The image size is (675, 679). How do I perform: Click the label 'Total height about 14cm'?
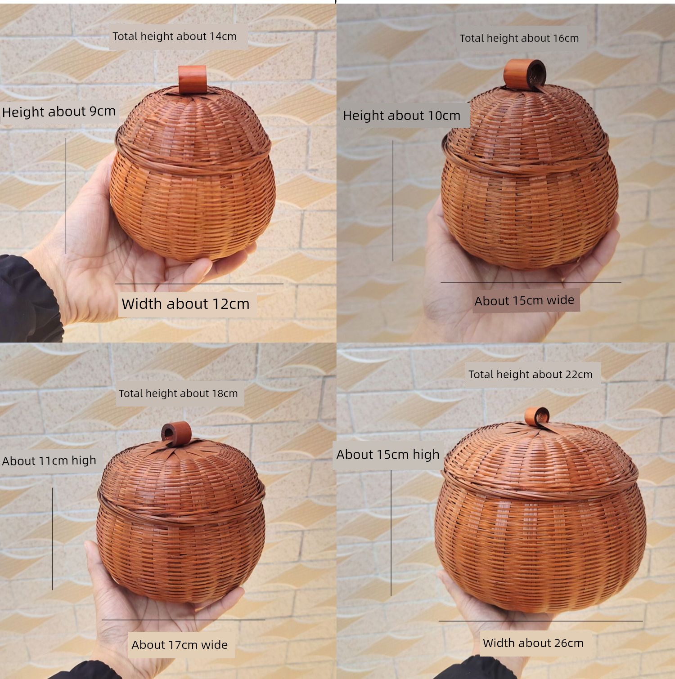coord(175,36)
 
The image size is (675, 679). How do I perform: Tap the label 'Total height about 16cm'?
coord(519,38)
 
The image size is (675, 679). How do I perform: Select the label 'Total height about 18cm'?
coord(178,393)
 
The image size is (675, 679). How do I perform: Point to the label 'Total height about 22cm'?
coord(531,375)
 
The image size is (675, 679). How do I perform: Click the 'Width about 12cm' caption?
coord(185,304)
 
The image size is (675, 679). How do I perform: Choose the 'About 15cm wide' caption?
coord(524,300)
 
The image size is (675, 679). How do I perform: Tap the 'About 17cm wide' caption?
coord(180,645)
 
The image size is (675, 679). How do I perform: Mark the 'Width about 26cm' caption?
coord(533,643)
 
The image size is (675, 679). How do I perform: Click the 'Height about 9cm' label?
coord(59,112)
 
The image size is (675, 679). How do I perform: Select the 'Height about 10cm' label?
coord(402,116)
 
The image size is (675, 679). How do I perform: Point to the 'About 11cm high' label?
coord(49,460)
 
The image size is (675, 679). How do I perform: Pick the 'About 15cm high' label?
coord(388,455)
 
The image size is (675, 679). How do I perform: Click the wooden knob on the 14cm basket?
coord(192,80)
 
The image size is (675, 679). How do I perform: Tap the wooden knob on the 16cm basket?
coord(524,73)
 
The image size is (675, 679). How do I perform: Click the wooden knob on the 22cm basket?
coord(537,416)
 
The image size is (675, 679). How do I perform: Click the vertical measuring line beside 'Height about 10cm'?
coord(393,201)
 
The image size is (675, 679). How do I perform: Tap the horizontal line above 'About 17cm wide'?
coord(183,620)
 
